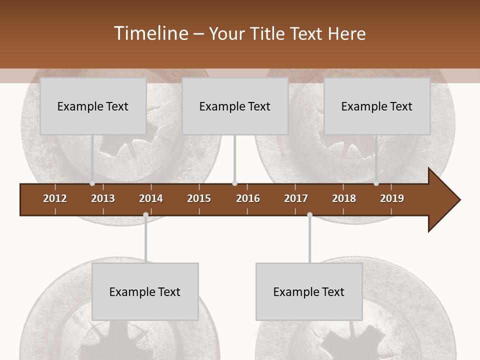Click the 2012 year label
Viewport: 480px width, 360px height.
(x=55, y=198)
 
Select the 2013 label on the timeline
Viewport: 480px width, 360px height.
(x=103, y=198)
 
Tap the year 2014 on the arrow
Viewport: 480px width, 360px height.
(x=151, y=198)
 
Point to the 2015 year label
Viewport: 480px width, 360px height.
(x=199, y=198)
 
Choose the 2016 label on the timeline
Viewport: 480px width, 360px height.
(x=248, y=198)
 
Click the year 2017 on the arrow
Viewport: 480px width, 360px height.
(x=296, y=198)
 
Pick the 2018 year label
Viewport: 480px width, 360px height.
(x=344, y=198)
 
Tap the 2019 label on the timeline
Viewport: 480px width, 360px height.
(x=392, y=198)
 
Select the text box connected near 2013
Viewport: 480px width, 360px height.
(x=93, y=106)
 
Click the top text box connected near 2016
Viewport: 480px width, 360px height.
(x=235, y=106)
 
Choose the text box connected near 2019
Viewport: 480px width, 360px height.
(x=377, y=106)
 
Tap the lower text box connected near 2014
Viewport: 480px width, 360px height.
(x=145, y=291)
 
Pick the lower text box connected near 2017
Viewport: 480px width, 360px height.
(x=309, y=291)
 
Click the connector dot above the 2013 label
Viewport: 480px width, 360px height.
(x=92, y=183)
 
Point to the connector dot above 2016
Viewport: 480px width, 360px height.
(x=235, y=183)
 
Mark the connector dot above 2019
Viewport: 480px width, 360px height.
(x=376, y=183)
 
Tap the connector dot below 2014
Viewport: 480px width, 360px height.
(x=145, y=215)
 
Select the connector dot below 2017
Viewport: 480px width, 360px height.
(x=309, y=215)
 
